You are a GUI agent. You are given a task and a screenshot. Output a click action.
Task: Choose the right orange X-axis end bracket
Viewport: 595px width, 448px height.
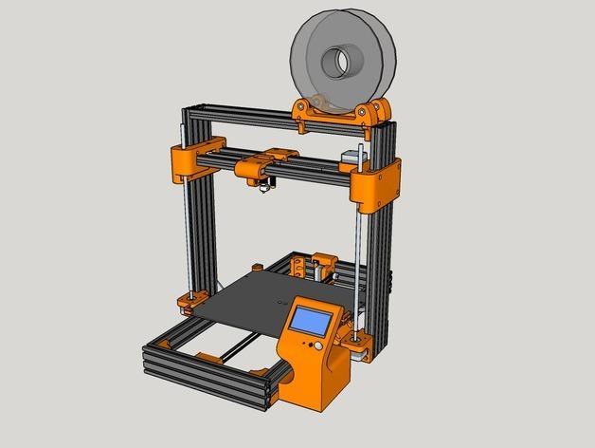(377, 185)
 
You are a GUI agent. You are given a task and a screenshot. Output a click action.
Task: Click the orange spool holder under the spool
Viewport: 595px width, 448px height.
(341, 112)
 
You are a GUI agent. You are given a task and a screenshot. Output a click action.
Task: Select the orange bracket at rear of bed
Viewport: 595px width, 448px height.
(323, 265)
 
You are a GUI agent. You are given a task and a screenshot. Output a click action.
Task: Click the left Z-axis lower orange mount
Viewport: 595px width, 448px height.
(186, 305)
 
